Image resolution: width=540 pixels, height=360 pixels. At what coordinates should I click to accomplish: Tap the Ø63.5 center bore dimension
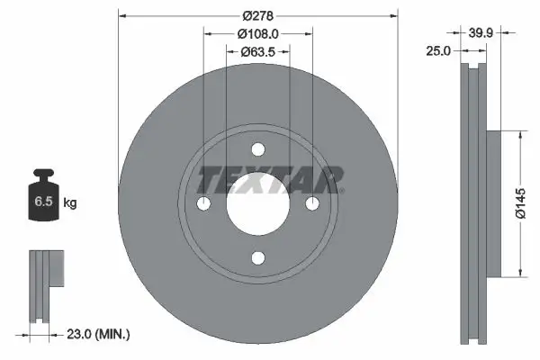coord(257,52)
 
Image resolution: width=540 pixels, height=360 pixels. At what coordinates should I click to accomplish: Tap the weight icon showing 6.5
coord(43,196)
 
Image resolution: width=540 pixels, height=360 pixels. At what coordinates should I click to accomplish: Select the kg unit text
coord(70,203)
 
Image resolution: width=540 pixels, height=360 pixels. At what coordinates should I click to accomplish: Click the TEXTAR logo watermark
coord(270,180)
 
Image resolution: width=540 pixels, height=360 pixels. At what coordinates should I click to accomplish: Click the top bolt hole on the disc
coord(257,150)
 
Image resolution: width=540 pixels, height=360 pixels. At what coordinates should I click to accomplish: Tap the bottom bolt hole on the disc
coord(257,259)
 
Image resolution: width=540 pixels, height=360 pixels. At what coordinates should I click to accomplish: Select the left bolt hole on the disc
coord(203,205)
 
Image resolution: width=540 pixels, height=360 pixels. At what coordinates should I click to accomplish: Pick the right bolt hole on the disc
coord(312,205)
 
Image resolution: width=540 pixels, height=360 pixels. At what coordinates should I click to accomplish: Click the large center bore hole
coord(257,205)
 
